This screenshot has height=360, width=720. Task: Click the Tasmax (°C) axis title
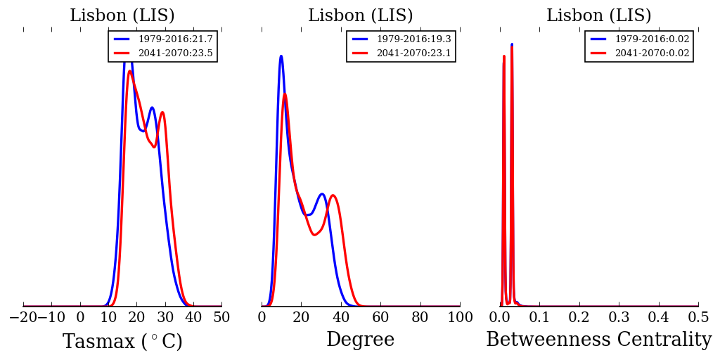[122, 342]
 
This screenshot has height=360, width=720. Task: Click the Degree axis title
[360, 340]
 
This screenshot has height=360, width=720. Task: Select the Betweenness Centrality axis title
[598, 340]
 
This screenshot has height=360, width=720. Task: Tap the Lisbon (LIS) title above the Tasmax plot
[122, 16]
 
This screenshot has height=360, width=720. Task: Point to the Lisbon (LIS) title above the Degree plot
[361, 16]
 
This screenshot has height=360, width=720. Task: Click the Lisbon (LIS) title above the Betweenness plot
[599, 16]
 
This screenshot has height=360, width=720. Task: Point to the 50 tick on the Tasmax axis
[221, 318]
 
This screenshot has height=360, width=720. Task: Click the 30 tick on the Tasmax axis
[165, 318]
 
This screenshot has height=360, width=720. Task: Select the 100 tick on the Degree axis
[460, 318]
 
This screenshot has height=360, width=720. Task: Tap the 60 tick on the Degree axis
[380, 318]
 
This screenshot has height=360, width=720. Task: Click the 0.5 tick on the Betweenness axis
[698, 318]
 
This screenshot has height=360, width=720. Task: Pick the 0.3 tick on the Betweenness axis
[619, 318]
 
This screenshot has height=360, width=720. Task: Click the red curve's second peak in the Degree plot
[333, 195]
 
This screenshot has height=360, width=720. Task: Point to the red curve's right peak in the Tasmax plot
[162, 112]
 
